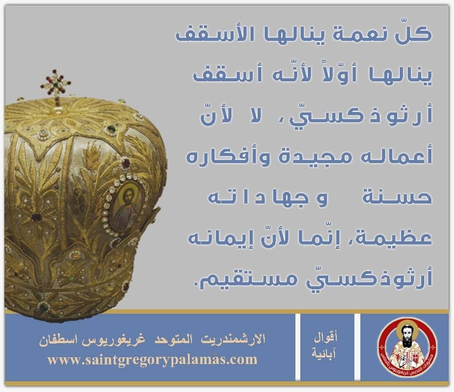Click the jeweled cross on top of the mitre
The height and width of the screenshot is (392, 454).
pyautogui.click(x=56, y=84)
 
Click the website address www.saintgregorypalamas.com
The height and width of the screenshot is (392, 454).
pyautogui.click(x=152, y=360)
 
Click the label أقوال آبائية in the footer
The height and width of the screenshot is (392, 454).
pyautogui.click(x=324, y=346)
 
